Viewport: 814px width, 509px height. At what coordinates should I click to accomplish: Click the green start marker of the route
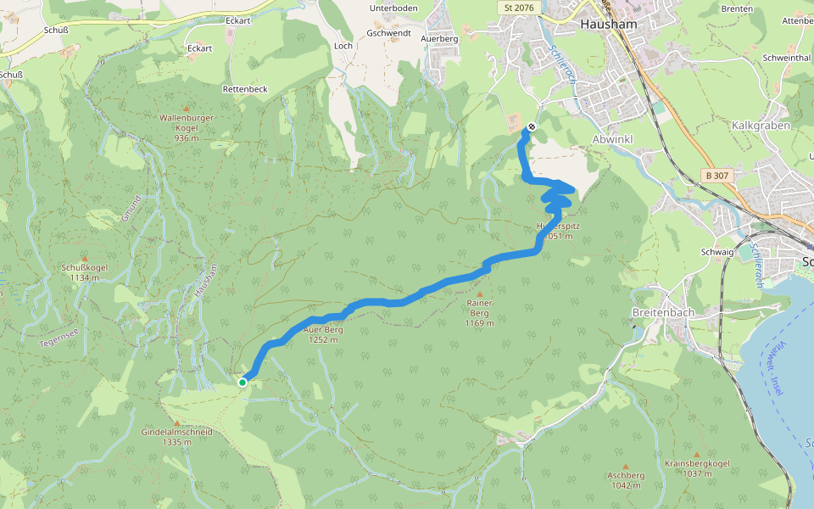click(x=243, y=383)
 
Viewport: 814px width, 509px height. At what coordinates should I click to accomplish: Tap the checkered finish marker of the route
click(x=532, y=126)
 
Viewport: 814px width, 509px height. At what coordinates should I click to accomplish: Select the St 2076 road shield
click(x=518, y=7)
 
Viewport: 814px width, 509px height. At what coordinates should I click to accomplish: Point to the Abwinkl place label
click(x=613, y=139)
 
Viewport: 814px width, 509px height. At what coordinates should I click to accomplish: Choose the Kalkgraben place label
click(x=761, y=126)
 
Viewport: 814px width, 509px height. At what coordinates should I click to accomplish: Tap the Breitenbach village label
click(x=663, y=312)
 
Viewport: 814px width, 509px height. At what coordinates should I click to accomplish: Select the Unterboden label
click(x=393, y=8)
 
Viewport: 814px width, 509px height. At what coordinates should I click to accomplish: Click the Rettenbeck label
click(x=245, y=89)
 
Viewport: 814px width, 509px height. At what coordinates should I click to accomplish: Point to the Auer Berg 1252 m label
click(x=323, y=334)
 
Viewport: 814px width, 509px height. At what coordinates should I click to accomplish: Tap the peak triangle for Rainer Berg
click(x=479, y=294)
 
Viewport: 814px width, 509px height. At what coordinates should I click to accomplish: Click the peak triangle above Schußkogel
click(x=83, y=258)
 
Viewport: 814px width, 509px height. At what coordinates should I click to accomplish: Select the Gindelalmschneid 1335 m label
click(x=176, y=437)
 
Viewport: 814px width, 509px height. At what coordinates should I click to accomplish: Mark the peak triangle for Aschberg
click(x=626, y=467)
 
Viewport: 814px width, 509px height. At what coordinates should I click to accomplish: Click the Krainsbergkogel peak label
click(x=697, y=467)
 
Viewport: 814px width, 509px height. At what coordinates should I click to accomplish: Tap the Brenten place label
click(x=737, y=8)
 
